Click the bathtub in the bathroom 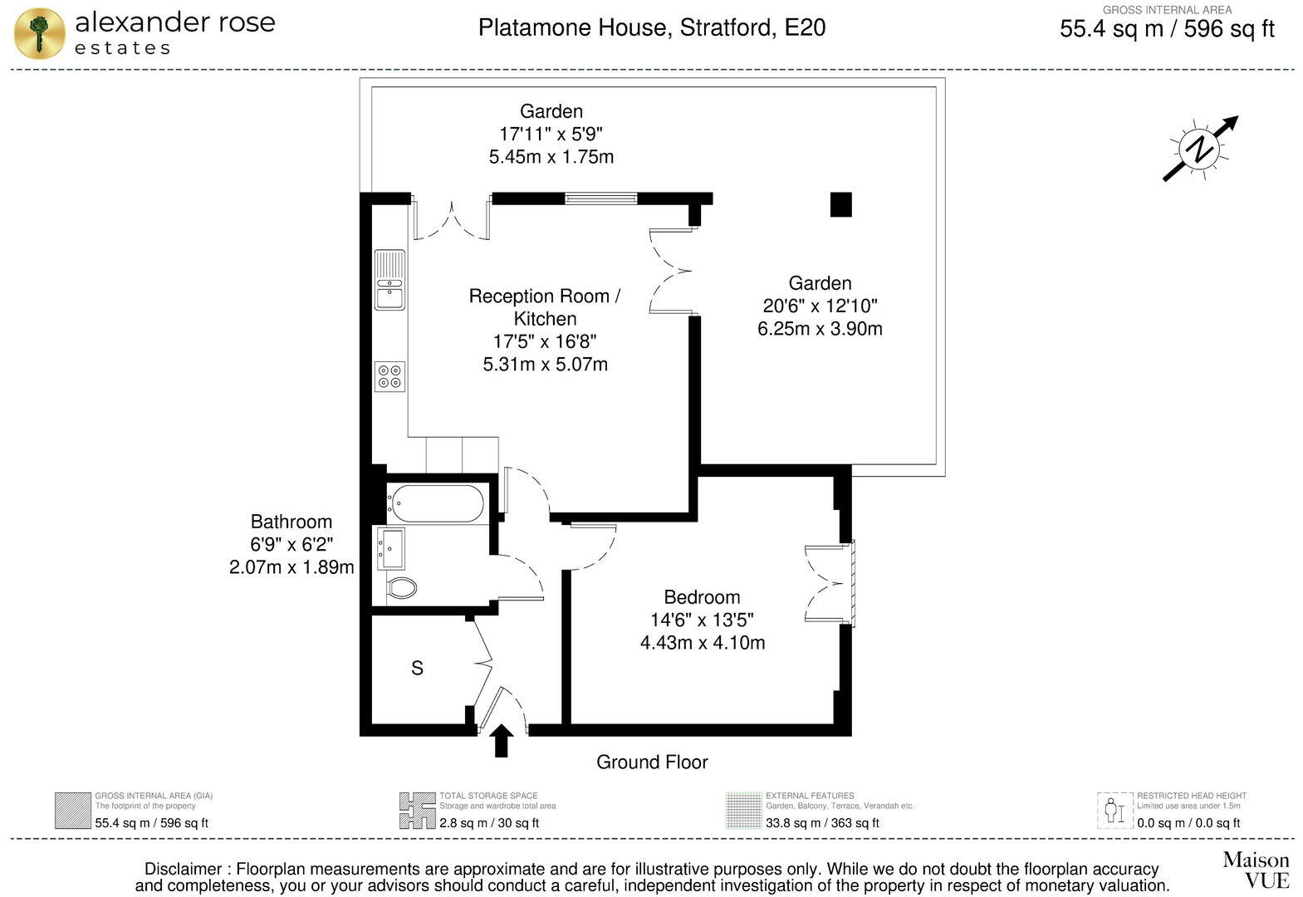tap(436, 502)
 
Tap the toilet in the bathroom tap(401, 587)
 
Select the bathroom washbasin tap(391, 548)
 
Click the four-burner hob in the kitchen tap(389, 376)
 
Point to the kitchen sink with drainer tap(389, 280)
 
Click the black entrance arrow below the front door tap(501, 741)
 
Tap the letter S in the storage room tap(417, 668)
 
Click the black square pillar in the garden tap(840, 204)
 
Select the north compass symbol tap(1199, 149)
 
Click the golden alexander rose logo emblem tap(39, 33)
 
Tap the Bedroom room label tap(702, 597)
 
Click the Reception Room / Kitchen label tap(545, 307)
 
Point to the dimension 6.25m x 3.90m tap(819, 329)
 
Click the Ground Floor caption tap(652, 762)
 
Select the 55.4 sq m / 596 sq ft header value tap(1167, 30)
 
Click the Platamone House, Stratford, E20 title tap(652, 27)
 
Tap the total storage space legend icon tap(417, 811)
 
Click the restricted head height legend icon tap(1114, 811)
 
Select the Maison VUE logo tap(1255, 869)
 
